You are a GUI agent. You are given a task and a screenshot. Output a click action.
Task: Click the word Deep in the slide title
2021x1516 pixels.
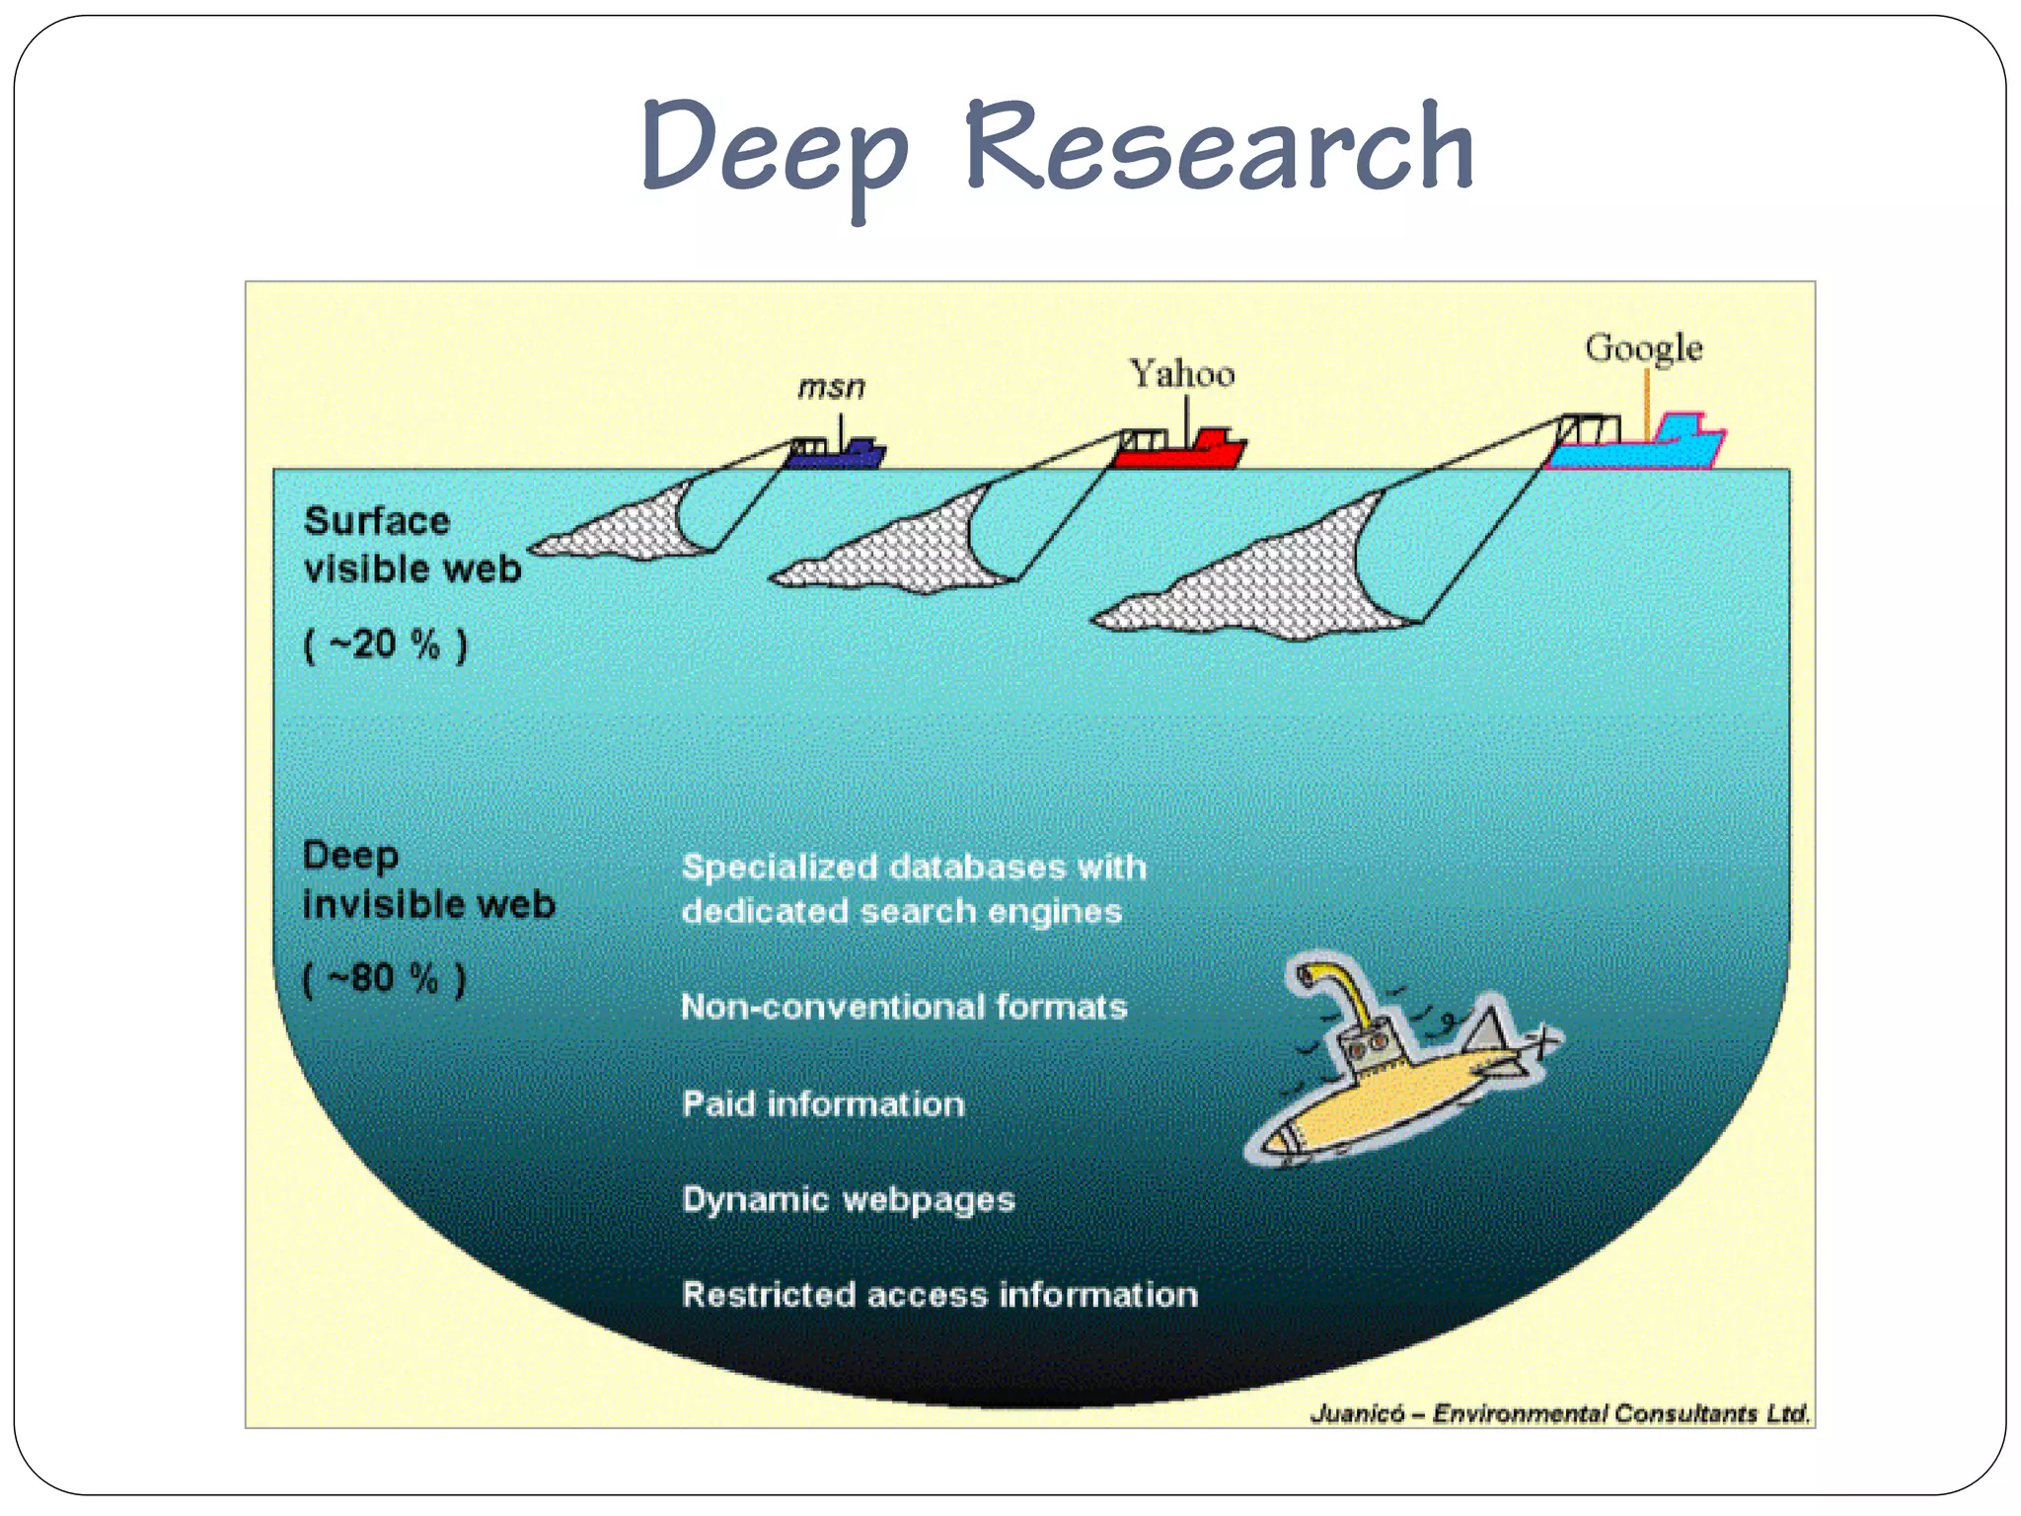[774, 148]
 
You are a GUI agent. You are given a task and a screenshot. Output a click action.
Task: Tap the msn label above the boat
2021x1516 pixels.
[831, 387]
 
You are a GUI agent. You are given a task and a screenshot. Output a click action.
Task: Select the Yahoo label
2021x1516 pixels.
[1181, 374]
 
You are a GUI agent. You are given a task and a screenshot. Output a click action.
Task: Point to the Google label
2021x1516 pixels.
[1643, 348]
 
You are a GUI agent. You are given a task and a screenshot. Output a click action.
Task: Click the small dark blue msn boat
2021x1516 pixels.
[837, 453]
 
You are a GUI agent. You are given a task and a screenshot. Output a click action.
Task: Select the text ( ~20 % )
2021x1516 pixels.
[384, 645]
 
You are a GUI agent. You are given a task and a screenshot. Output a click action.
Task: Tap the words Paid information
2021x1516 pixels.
[823, 1103]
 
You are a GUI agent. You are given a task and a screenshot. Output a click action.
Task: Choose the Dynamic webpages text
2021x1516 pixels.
[849, 1199]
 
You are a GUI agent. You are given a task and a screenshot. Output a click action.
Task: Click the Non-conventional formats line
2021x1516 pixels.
[904, 1007]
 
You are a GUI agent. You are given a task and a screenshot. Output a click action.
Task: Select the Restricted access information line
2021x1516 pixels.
[939, 1294]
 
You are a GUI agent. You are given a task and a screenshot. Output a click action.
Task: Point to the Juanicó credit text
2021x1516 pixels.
[1559, 1413]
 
